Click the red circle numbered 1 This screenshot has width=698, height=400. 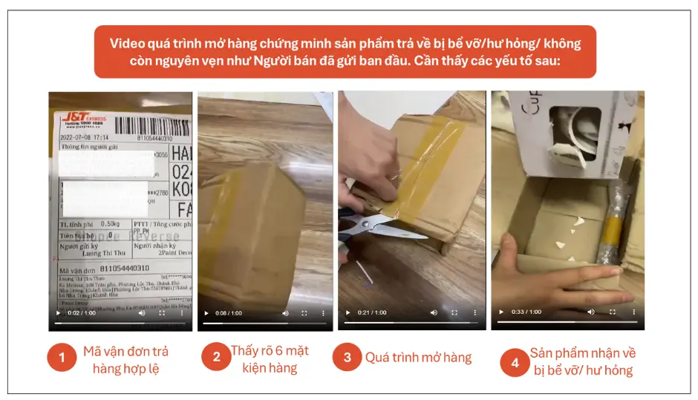[62, 358]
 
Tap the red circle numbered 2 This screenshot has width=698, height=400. [217, 357]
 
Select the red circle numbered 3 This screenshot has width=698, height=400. [348, 357]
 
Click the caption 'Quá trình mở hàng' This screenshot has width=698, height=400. [418, 358]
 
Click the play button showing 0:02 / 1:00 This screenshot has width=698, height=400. [58, 313]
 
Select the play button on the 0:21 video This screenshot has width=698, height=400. [347, 312]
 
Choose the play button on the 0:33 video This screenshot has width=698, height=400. [501, 312]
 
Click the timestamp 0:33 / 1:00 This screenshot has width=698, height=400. [526, 312]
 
